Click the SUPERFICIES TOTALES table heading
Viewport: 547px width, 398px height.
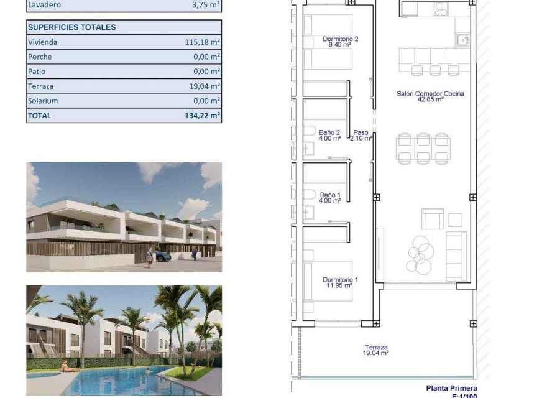coord(72,27)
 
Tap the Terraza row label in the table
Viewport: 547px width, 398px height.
coord(40,86)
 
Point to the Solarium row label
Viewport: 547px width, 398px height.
coord(43,101)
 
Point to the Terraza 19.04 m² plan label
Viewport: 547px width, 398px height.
coord(377,350)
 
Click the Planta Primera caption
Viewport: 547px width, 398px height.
coord(451,388)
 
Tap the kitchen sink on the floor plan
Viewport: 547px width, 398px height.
coord(461,40)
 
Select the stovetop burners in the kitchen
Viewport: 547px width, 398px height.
coord(441,9)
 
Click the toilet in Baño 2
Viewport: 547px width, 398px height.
coord(309,131)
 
